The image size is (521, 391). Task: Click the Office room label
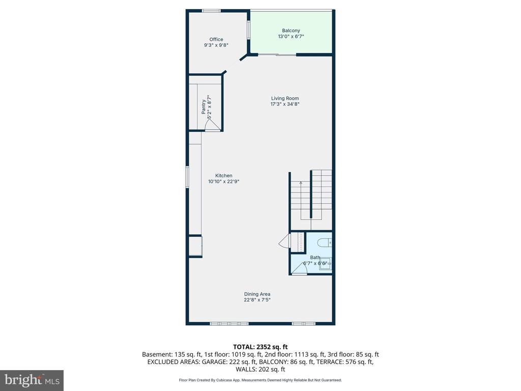(216, 39)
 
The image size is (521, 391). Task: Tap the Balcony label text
(291, 31)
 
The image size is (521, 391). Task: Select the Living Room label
(285, 98)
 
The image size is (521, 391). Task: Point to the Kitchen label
(224, 176)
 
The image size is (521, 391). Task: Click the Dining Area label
(257, 294)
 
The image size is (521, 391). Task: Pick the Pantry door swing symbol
(212, 125)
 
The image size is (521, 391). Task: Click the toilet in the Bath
(325, 243)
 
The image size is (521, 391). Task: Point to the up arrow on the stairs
(301, 183)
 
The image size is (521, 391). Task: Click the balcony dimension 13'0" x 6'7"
(291, 37)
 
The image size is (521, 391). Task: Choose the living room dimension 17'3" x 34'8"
(285, 104)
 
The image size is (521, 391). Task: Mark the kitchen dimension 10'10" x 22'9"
(224, 182)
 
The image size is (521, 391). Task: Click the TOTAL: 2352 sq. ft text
(260, 347)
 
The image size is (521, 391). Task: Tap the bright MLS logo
(32, 380)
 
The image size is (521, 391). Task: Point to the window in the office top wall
(211, 11)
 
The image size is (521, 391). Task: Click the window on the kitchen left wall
(187, 177)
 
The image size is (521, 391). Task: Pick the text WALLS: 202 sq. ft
(260, 369)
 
